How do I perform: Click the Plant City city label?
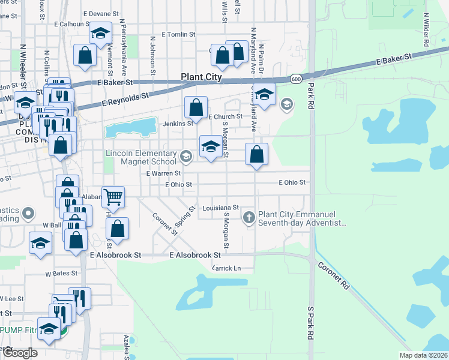[202, 77]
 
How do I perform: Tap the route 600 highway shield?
[296, 79]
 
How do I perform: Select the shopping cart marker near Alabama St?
[113, 196]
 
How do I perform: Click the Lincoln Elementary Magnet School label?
[140, 157]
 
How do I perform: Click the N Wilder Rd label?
[426, 30]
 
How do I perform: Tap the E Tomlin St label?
[179, 35]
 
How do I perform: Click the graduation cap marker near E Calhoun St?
[100, 32]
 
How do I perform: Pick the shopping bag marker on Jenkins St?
[196, 108]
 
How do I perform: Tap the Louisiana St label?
[220, 208]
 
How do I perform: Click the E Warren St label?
[164, 173]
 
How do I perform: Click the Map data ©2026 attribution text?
[423, 355]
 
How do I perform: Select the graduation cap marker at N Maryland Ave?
[264, 94]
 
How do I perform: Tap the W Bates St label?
[61, 273]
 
